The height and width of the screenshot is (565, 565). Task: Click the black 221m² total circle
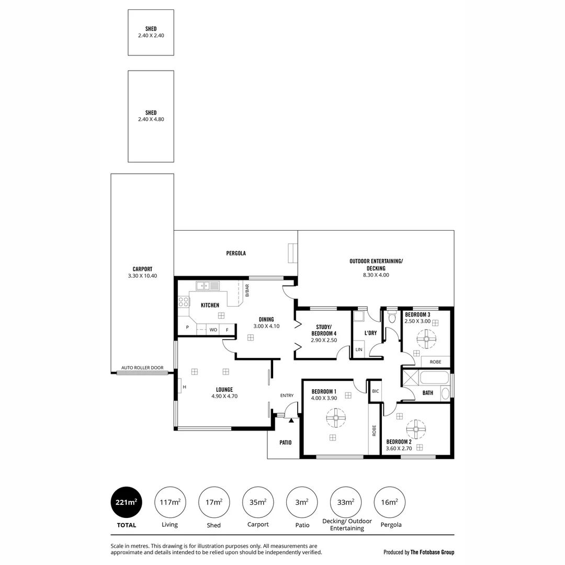tap(126, 502)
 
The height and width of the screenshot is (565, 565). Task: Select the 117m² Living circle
tap(170, 502)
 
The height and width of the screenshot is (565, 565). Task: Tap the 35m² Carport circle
tap(258, 502)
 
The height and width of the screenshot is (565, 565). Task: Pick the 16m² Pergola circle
tap(390, 502)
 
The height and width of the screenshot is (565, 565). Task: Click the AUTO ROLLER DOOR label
tap(142, 368)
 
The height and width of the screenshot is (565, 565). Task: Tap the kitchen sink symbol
tap(208, 286)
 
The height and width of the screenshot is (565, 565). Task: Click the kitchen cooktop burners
tap(183, 302)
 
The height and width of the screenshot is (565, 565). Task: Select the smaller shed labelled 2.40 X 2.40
tap(151, 32)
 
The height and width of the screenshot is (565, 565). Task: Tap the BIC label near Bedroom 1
tap(375, 391)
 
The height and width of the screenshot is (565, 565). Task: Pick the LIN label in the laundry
tap(358, 349)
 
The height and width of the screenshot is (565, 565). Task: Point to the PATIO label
tap(285, 443)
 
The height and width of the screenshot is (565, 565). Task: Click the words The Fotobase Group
tap(432, 552)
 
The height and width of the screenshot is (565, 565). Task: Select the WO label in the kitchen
tap(213, 330)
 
